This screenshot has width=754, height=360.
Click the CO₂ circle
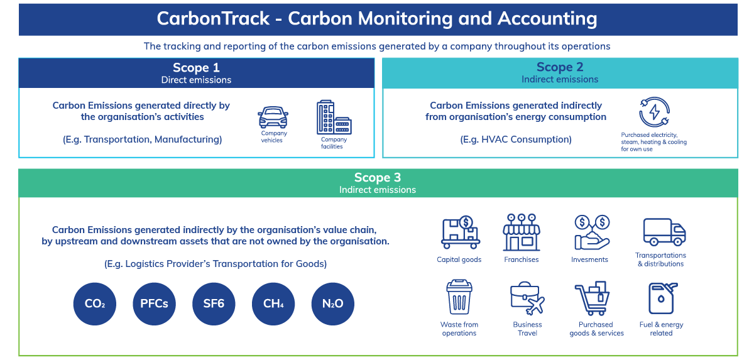[95, 304]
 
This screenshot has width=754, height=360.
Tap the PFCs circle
[154, 304]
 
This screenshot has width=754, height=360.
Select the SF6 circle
[214, 304]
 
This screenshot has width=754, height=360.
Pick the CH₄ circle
[273, 304]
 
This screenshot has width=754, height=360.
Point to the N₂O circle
[333, 304]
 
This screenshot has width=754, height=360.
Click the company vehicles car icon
[273, 117]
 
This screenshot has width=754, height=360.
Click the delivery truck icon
[664, 232]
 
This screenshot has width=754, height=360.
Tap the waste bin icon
[459, 298]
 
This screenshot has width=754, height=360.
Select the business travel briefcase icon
[527, 298]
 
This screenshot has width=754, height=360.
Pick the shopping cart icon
[593, 298]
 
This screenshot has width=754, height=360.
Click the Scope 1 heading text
[196, 68]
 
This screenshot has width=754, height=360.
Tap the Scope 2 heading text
[559, 67]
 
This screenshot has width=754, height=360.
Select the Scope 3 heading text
[377, 178]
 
